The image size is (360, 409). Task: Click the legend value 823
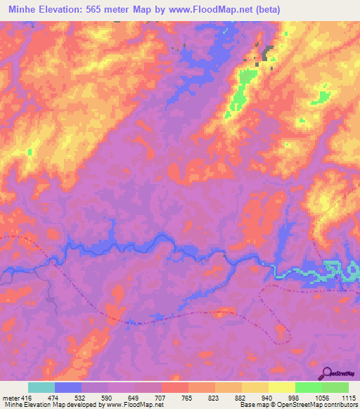pos(215,398)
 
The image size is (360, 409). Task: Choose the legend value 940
pos(269,398)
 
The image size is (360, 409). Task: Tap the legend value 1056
pos(321,398)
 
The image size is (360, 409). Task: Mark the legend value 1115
pos(347,398)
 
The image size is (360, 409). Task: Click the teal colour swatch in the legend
pos(41,387)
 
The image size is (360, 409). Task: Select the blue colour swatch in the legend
pos(68,387)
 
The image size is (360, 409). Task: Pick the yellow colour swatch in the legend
pos(281,387)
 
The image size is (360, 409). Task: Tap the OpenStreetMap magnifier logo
pos(326,374)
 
